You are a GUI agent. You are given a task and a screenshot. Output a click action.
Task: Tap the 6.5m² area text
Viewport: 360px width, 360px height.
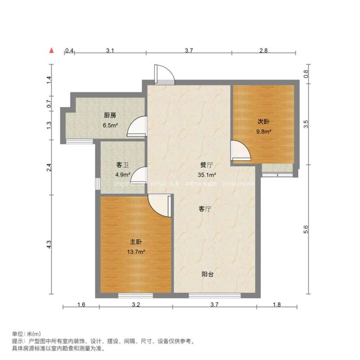pyautogui.click(x=110, y=126)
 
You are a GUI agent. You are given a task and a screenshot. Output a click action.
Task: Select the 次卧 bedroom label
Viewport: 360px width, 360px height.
pyautogui.click(x=263, y=122)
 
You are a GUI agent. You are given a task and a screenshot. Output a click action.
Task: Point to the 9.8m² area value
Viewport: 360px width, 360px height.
pyautogui.click(x=264, y=132)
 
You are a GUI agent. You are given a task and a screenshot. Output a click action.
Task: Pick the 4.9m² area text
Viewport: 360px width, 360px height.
pyautogui.click(x=123, y=175)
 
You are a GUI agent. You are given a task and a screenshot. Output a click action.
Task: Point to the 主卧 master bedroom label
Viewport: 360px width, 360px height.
pyautogui.click(x=135, y=242)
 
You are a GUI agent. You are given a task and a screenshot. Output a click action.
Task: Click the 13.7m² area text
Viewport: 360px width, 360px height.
pyautogui.click(x=135, y=252)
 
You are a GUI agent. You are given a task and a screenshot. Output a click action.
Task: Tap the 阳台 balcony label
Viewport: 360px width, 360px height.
pyautogui.click(x=207, y=274)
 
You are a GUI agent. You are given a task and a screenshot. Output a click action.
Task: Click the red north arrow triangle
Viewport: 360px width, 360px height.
pyautogui.click(x=52, y=50)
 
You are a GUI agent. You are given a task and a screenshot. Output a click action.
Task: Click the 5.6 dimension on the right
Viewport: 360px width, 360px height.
pyautogui.click(x=307, y=229)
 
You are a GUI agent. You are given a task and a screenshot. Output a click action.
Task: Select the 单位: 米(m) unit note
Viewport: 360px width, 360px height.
pyautogui.click(x=26, y=334)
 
